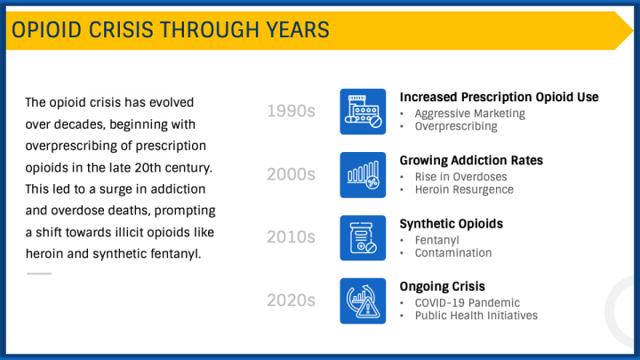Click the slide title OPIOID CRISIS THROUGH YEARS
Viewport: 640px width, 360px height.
(170, 30)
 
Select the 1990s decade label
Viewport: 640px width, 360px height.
(292, 111)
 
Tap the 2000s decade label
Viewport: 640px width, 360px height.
(292, 174)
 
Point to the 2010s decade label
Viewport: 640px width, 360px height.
(292, 237)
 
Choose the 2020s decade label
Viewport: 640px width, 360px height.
(292, 300)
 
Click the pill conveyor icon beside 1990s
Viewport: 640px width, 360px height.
(363, 111)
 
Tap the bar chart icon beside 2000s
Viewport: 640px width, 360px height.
(363, 174)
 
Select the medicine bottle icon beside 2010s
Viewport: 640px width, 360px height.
(363, 237)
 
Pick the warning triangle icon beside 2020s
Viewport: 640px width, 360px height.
(363, 300)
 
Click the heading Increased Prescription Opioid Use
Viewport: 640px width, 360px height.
(499, 97)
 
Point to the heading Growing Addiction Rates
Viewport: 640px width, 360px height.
(471, 161)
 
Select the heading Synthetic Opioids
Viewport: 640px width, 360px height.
(452, 223)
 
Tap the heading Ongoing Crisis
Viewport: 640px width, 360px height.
(443, 286)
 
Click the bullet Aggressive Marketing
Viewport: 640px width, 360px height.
(469, 113)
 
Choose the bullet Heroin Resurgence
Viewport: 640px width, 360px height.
(464, 189)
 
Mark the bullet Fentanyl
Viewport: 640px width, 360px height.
(436, 240)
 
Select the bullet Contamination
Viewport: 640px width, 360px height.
(452, 252)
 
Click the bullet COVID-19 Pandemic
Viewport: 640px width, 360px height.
(467, 303)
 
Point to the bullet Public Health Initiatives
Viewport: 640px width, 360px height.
(476, 316)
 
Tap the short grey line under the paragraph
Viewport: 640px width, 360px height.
(38, 273)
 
